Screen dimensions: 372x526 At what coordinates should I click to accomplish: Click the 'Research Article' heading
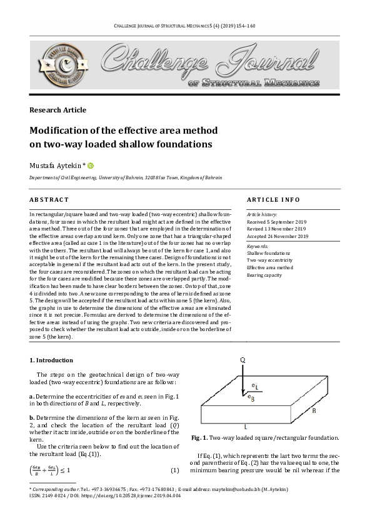(x=58, y=110)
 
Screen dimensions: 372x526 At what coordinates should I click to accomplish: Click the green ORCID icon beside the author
(x=91, y=166)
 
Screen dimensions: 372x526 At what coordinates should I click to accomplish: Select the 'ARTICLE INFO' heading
(x=273, y=199)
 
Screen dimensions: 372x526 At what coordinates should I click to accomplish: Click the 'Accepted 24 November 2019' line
(x=278, y=237)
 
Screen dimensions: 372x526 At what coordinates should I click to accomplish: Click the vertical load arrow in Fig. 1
(x=242, y=380)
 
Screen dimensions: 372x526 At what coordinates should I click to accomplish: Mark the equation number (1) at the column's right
(x=175, y=470)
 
